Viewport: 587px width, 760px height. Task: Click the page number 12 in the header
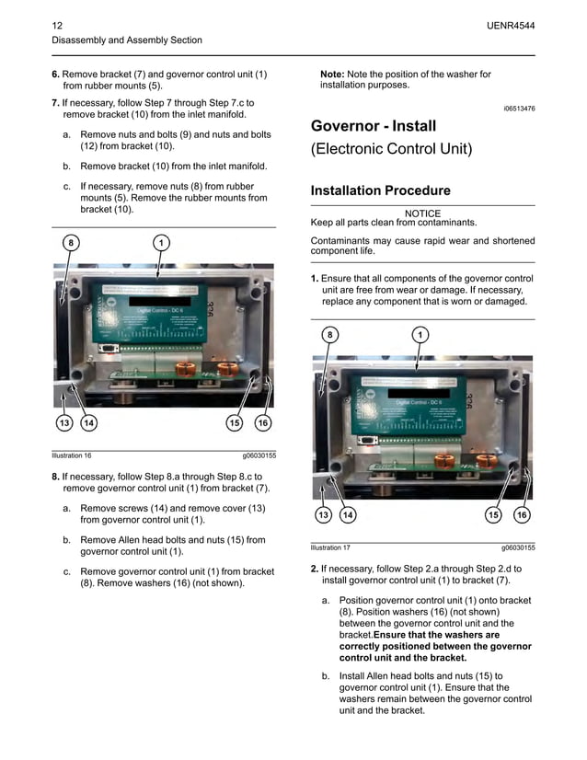(x=57, y=24)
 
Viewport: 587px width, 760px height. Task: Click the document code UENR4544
(x=511, y=24)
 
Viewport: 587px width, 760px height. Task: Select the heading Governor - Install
(x=374, y=126)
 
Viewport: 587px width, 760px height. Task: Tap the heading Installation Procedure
(x=381, y=190)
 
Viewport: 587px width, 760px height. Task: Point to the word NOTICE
(x=422, y=213)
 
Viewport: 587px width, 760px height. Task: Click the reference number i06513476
(x=519, y=109)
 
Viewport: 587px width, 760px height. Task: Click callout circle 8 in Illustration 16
(x=70, y=242)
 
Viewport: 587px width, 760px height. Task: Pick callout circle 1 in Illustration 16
(x=160, y=242)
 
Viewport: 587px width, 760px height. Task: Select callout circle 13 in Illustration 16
(x=63, y=423)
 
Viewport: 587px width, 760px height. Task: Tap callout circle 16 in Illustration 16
(x=262, y=423)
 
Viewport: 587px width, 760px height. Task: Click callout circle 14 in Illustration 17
(x=348, y=515)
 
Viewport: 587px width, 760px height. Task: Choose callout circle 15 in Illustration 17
(x=493, y=515)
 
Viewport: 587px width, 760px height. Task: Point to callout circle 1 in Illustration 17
(x=420, y=335)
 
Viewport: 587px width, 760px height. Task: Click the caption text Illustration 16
(x=72, y=455)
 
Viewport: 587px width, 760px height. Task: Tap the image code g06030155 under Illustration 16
(x=259, y=455)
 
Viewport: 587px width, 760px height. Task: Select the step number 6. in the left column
(x=55, y=74)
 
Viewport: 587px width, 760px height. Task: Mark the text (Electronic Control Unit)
(x=391, y=149)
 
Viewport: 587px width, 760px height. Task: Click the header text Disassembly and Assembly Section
(x=127, y=40)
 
